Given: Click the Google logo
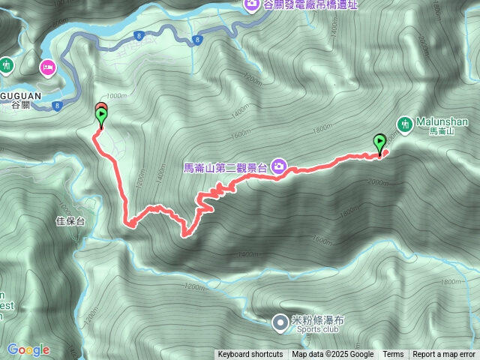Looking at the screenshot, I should (x=28, y=349).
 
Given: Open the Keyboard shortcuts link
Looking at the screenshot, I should (x=250, y=355).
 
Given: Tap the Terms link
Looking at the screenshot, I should (x=393, y=355).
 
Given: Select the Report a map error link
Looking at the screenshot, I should (x=444, y=355).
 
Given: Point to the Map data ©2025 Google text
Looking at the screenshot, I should (x=333, y=355).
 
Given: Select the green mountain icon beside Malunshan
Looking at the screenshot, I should (x=405, y=121).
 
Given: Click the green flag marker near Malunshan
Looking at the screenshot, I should (x=380, y=142).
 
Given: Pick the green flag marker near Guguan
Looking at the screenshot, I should (x=101, y=117).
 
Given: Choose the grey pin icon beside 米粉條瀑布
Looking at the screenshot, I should (x=279, y=323).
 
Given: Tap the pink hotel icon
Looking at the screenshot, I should (x=47, y=67).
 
